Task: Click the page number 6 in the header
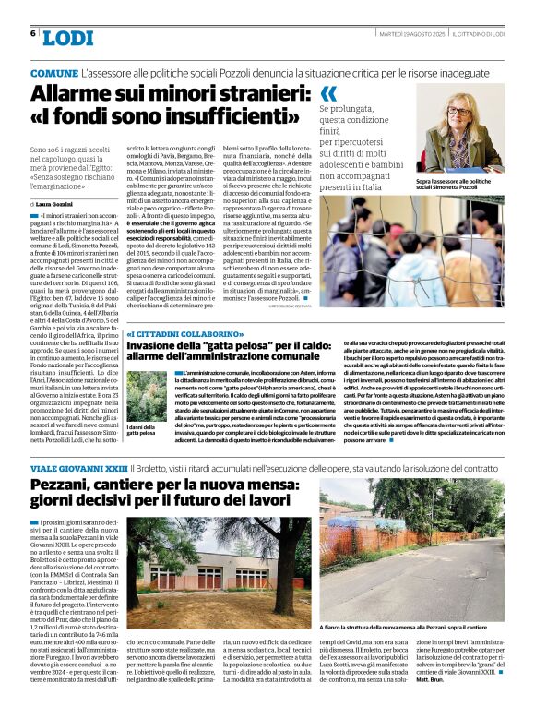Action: click(32, 35)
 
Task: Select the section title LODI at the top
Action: click(68, 37)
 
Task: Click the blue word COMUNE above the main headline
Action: click(53, 72)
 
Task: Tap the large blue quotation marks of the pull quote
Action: click(328, 93)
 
